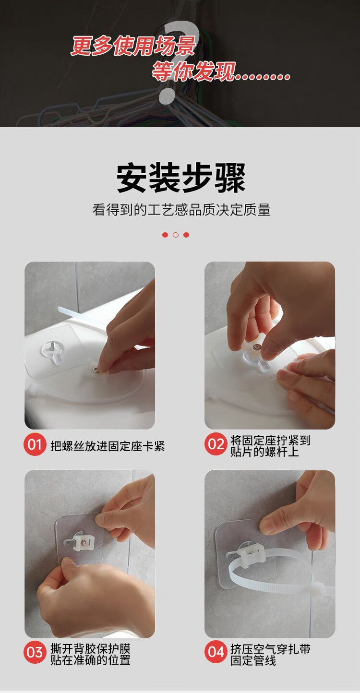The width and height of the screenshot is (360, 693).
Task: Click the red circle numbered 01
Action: [x=35, y=445]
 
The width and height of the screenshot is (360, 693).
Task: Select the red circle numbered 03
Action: [x=35, y=652]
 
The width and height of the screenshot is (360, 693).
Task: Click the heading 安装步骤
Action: [x=181, y=178]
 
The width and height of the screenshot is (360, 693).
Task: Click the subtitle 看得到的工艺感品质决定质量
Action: [x=181, y=210]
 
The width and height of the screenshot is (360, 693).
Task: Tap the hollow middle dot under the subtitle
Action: [x=176, y=235]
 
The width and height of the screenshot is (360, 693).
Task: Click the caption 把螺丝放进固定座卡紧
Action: [x=108, y=446]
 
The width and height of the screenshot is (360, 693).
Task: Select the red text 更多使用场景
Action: [x=133, y=46]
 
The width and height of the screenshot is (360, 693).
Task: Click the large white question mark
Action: [x=178, y=62]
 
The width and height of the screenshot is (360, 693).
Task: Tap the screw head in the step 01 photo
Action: [x=96, y=369]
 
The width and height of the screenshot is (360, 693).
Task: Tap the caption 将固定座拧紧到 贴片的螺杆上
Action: [x=270, y=446]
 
